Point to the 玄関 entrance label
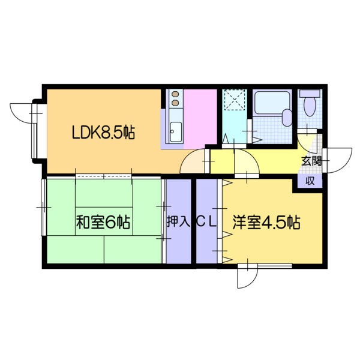[311, 160]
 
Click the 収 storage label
[310, 181]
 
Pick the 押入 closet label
[178, 221]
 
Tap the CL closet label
[206, 221]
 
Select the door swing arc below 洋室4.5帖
[246, 277]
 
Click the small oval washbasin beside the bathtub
[287, 117]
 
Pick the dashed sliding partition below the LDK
[104, 176]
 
